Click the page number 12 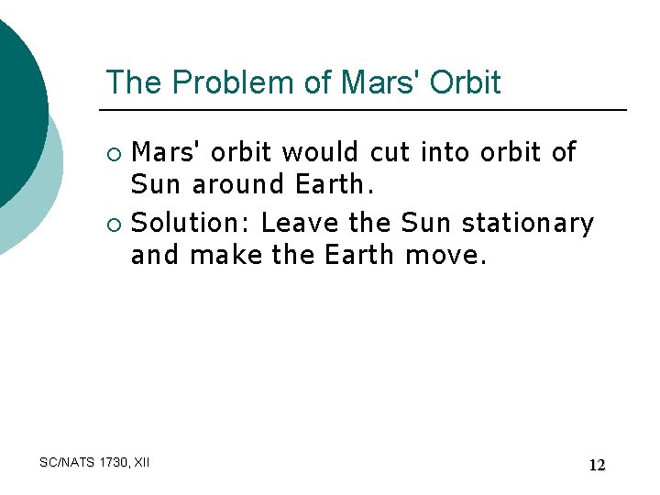coord(597,465)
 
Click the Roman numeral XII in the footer coord(142,463)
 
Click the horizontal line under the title coord(367,110)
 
